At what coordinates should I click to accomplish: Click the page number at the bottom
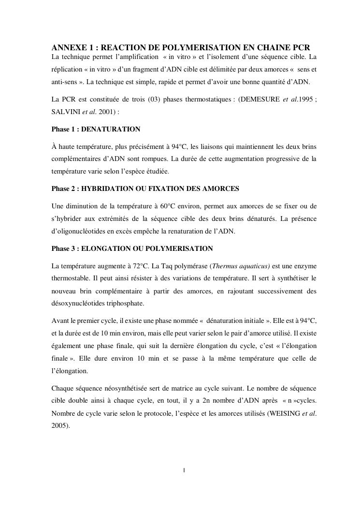(x=184, y=470)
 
